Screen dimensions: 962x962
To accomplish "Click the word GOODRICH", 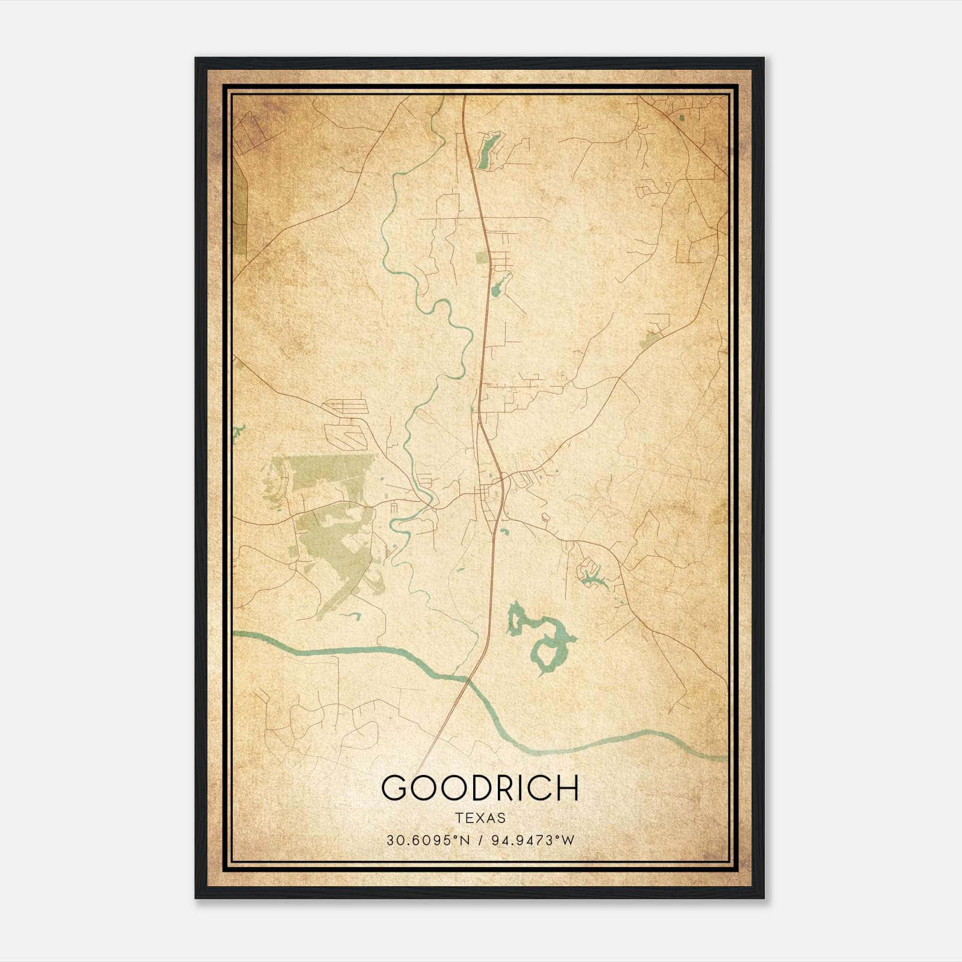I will coord(480,788).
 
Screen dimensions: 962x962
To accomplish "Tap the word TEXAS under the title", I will coord(480,818).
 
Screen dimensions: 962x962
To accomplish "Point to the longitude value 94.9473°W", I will coord(533,841).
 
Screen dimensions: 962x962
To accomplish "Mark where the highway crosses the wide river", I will coord(468,679).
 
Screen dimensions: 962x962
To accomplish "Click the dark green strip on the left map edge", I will coord(239,210).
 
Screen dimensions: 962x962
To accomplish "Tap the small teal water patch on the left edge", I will coord(239,431).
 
